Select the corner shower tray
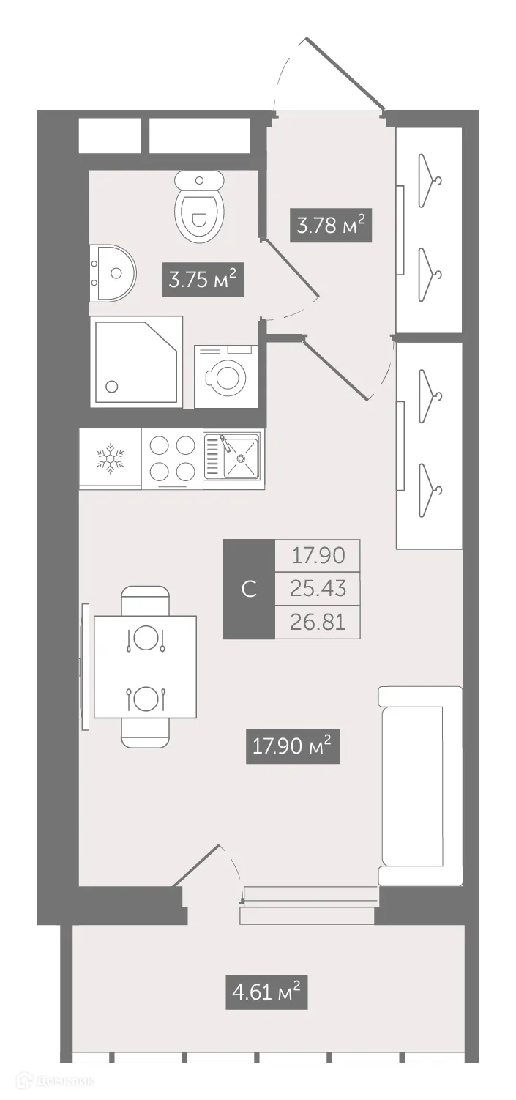click(x=135, y=361)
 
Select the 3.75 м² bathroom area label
click(x=202, y=279)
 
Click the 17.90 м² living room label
click(x=292, y=746)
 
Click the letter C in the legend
click(x=249, y=589)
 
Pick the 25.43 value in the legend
click(x=318, y=588)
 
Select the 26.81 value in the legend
click(x=318, y=622)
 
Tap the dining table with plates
click(x=145, y=667)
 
